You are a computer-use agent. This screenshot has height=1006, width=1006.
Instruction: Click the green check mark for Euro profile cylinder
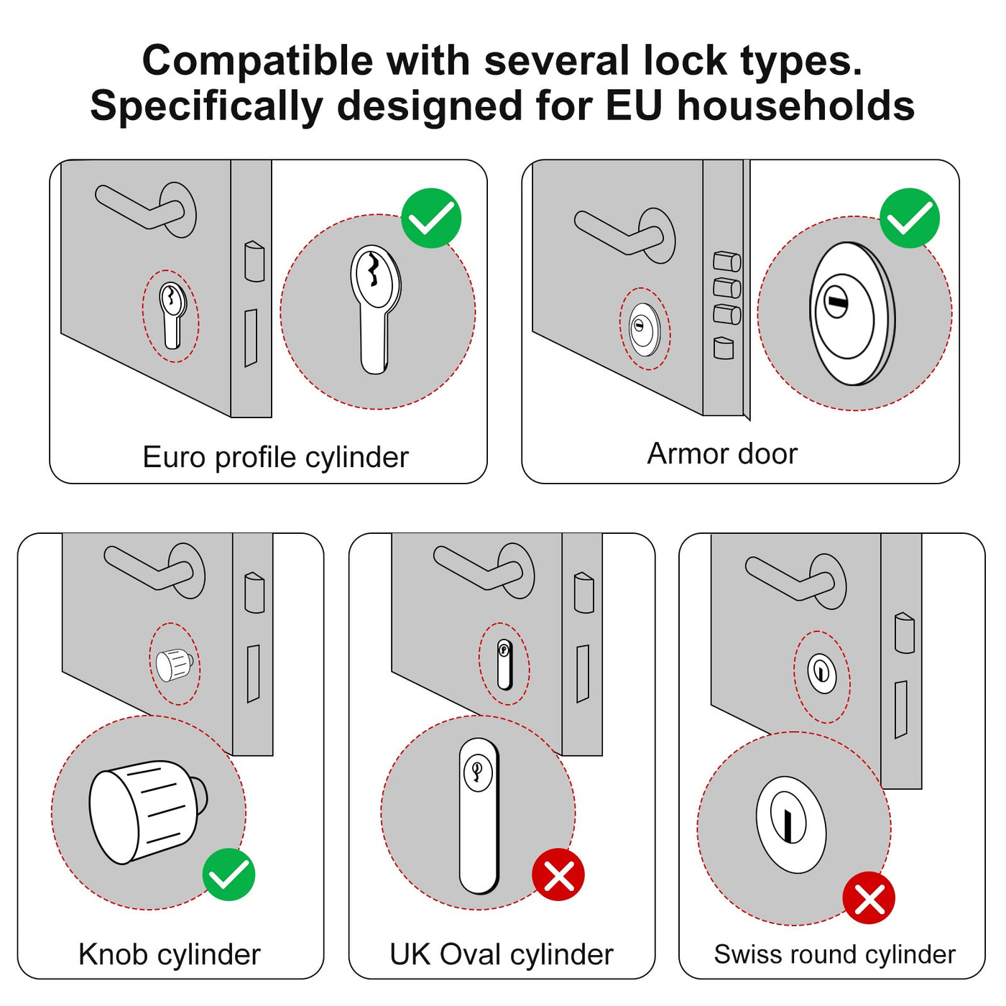click(x=431, y=218)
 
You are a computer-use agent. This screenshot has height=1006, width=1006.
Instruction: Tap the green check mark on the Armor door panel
click(x=910, y=218)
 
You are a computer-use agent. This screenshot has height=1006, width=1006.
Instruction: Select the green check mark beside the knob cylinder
click(x=229, y=875)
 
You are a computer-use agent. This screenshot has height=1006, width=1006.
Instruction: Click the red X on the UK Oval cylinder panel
click(x=558, y=875)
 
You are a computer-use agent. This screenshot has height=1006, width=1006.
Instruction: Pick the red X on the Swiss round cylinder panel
click(x=869, y=898)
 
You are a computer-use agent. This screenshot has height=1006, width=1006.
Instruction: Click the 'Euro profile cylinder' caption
click(x=275, y=457)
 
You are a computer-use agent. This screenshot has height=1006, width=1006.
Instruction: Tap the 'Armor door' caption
click(x=722, y=453)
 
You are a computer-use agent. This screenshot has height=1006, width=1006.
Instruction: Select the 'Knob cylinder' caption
click(x=169, y=954)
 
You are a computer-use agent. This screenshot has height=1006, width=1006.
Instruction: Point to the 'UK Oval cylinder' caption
click(x=501, y=954)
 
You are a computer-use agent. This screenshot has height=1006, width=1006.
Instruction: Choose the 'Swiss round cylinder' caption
click(x=834, y=954)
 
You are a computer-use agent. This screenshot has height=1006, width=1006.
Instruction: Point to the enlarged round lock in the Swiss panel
click(x=790, y=824)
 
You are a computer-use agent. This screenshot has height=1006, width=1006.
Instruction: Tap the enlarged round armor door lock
click(x=852, y=313)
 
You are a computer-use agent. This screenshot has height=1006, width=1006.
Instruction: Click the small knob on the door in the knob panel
click(x=174, y=665)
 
